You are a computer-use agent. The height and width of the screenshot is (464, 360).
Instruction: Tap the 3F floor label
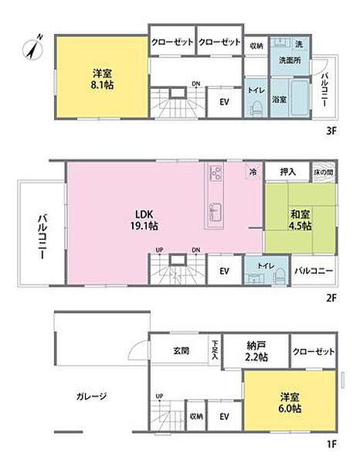point(331,131)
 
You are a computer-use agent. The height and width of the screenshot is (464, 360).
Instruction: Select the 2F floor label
point(331,298)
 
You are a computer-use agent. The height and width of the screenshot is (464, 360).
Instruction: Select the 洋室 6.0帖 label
point(290,404)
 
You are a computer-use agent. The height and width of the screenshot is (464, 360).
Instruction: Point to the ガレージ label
point(92,397)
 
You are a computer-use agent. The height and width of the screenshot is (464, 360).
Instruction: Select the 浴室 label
point(279,100)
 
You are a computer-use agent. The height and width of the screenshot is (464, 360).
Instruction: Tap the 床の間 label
point(323,171)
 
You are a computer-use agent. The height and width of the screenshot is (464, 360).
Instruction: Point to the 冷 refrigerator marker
point(253,171)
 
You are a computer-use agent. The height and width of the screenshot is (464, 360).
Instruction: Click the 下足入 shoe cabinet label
point(215,350)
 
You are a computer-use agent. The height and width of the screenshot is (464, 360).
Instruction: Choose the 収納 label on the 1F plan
point(197,417)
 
